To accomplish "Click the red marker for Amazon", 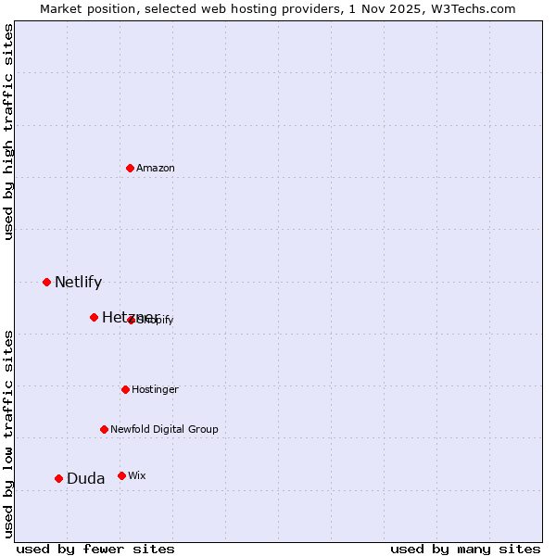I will coord(130,168).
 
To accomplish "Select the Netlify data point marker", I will coord(46,282).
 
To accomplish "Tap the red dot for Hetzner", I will coord(94,317).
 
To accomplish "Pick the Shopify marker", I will coord(131,320).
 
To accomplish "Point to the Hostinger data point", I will coord(125,389).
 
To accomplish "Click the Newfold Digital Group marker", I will coord(104,429).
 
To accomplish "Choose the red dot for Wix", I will coord(121,475).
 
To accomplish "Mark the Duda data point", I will coord(58,478).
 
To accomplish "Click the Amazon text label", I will coord(156,168).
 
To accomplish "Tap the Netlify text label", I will coord(78,282).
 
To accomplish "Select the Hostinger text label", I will coord(155,389).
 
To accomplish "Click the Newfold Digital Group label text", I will coord(164,429).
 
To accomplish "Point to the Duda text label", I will coord(85,478).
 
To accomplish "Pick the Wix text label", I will coord(136,475).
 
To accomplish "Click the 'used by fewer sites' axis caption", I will coord(95,549).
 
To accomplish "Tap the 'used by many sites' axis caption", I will coord(465,549).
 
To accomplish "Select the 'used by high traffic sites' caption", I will coord(8,132).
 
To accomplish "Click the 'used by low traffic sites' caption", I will coord(8,433).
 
